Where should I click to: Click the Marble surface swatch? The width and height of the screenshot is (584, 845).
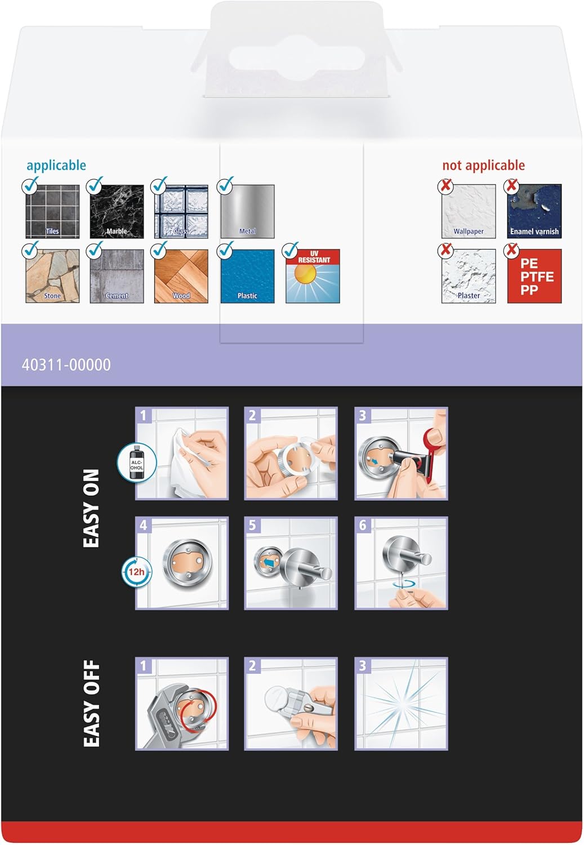coord(117,211)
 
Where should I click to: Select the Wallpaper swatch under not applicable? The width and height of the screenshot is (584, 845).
coord(469,211)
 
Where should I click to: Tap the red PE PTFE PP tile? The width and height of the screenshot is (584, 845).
coord(534,276)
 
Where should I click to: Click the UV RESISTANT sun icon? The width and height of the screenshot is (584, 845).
coord(313,276)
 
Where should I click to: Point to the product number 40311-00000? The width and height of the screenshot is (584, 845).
coord(66,365)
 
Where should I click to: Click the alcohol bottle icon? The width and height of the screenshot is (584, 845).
coord(136,462)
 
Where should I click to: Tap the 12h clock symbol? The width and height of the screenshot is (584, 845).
coord(136,572)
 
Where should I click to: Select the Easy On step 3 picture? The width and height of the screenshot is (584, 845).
coord(401,453)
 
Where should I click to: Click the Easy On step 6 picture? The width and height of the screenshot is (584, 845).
coord(401,563)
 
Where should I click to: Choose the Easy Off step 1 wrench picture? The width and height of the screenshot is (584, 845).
coord(182,704)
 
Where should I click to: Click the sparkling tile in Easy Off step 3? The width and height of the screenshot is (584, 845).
coord(401,704)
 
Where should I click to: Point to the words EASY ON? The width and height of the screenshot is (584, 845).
coord(91,508)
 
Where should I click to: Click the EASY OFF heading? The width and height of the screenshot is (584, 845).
coord(91,704)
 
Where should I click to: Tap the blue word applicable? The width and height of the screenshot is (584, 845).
coord(56,165)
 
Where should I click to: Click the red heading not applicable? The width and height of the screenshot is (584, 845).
coord(483,165)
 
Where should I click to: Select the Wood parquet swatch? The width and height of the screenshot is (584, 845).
coord(181,276)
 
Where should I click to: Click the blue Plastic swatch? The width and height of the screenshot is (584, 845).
coord(247,276)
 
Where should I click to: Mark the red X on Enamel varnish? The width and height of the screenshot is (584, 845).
coord(511,185)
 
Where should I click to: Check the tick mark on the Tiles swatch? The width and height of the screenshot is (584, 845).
coord(30,184)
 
